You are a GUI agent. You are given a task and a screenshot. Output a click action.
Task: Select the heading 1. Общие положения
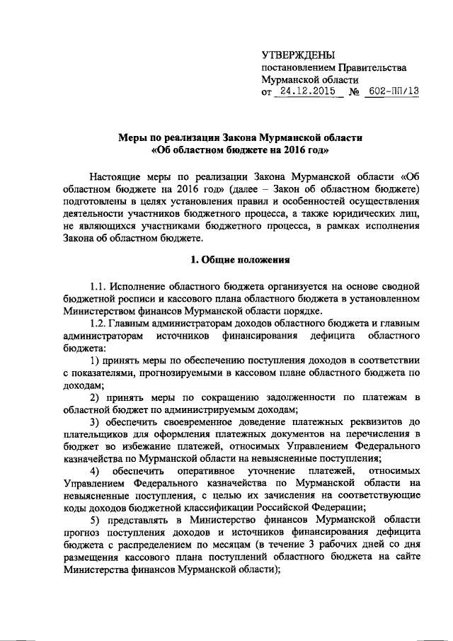240,259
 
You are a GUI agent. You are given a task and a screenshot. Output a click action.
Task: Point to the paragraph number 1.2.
100,324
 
